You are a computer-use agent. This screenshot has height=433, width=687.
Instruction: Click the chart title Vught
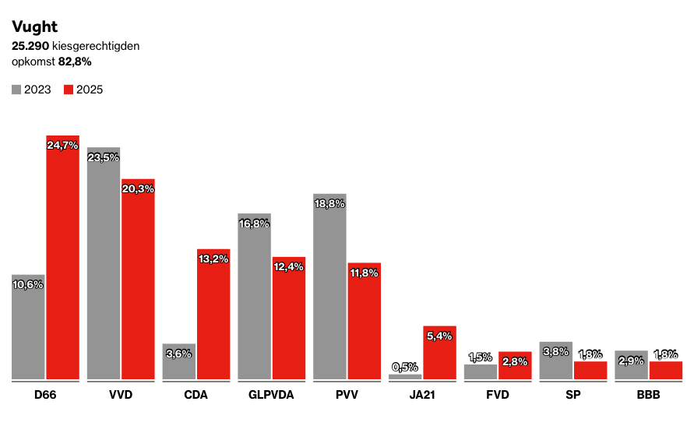[34, 27]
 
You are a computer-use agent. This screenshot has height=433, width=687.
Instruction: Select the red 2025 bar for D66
[62, 257]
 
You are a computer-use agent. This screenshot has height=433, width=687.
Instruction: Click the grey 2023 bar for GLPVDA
[254, 296]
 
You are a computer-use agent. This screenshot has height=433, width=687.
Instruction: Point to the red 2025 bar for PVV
[364, 321]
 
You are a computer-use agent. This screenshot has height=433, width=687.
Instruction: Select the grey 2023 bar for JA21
[405, 377]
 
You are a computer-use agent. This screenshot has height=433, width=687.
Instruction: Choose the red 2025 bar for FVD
[515, 366]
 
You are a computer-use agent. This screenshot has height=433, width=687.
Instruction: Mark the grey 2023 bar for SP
[555, 361]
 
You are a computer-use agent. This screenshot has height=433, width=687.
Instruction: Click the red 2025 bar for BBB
[665, 371]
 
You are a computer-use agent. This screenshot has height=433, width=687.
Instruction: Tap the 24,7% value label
[62, 146]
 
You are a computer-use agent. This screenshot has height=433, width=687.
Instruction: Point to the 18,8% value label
[329, 203]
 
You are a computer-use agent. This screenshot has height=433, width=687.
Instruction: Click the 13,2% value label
[213, 259]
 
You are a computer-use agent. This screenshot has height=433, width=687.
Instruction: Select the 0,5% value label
[405, 367]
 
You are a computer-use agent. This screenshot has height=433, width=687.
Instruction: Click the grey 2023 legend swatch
[16, 90]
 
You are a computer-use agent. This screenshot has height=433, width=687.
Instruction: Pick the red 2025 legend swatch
[69, 90]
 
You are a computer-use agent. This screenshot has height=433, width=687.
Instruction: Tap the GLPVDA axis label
[271, 395]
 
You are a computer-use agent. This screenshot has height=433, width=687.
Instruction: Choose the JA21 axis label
[421, 395]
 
